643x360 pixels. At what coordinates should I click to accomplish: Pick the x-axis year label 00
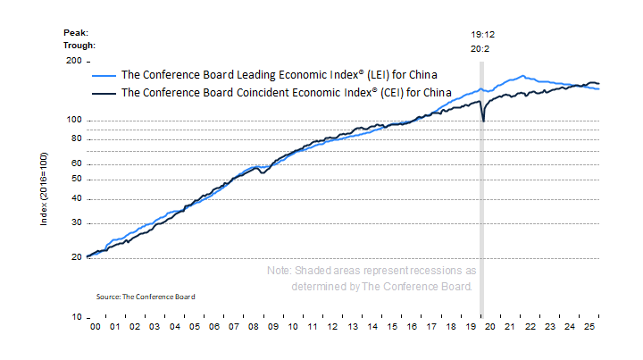[94, 329]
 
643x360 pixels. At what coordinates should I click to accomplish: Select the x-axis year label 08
[255, 329]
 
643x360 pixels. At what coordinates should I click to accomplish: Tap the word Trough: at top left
[79, 45]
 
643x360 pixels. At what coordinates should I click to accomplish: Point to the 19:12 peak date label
[482, 35]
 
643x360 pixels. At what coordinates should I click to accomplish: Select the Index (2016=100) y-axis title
[45, 188]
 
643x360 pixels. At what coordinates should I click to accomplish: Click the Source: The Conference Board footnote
[146, 296]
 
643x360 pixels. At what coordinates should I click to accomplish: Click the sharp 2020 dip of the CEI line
[483, 120]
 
